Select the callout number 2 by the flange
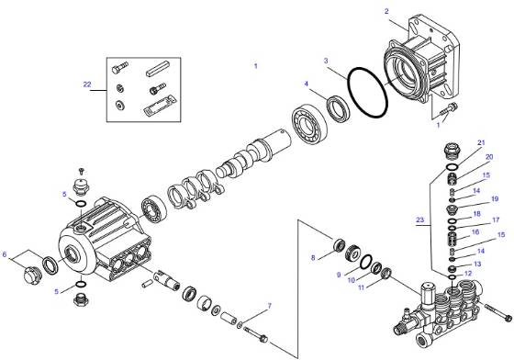pyautogui.click(x=386, y=10)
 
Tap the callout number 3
pyautogui.click(x=325, y=61)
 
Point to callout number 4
pyautogui.click(x=307, y=84)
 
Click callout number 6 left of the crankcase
pyautogui.click(x=6, y=254)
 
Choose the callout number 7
pyautogui.click(x=269, y=306)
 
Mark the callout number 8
pyautogui.click(x=313, y=257)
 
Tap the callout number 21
pyautogui.click(x=479, y=144)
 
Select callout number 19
pyautogui.click(x=493, y=198)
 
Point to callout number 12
pyautogui.click(x=468, y=273)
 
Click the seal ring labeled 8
pyautogui.click(x=337, y=247)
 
